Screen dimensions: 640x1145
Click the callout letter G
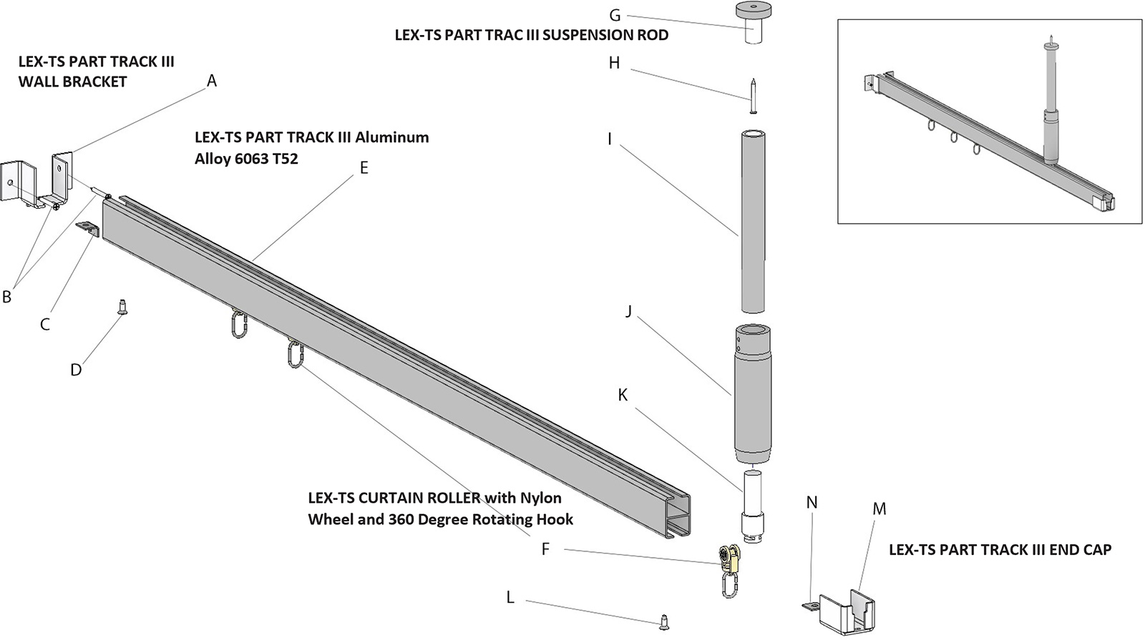tap(614, 15)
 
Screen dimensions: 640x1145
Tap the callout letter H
tap(614, 63)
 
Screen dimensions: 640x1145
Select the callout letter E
tap(364, 168)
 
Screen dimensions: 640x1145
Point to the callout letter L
tap(510, 597)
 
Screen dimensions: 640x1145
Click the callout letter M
tap(880, 509)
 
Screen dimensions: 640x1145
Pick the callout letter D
tap(76, 370)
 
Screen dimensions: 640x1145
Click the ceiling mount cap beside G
tap(754, 22)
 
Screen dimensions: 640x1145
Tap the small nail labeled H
tap(754, 96)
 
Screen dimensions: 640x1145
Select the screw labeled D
tap(122, 308)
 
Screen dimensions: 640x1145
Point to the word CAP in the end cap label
tap(1096, 550)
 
